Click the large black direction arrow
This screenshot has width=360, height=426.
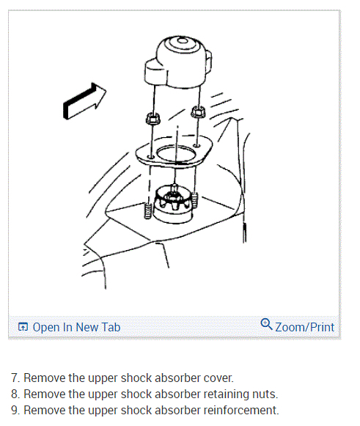(84, 100)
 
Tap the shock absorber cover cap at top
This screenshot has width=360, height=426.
(178, 62)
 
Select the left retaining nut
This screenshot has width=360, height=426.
(153, 118)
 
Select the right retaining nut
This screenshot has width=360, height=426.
(199, 111)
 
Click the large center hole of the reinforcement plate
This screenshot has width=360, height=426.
(176, 154)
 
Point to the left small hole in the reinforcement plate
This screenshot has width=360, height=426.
(151, 157)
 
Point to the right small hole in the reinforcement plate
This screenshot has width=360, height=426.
(197, 146)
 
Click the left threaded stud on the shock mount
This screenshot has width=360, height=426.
(147, 211)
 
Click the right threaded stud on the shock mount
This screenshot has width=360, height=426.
(194, 200)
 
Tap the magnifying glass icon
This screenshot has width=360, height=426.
(266, 324)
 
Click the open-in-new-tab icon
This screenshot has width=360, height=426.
(23, 327)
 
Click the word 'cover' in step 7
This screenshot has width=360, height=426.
(218, 378)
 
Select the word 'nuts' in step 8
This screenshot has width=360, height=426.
(265, 394)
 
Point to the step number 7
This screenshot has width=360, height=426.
(15, 378)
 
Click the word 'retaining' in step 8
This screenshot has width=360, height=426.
(227, 394)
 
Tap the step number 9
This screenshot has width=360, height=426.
(15, 411)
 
